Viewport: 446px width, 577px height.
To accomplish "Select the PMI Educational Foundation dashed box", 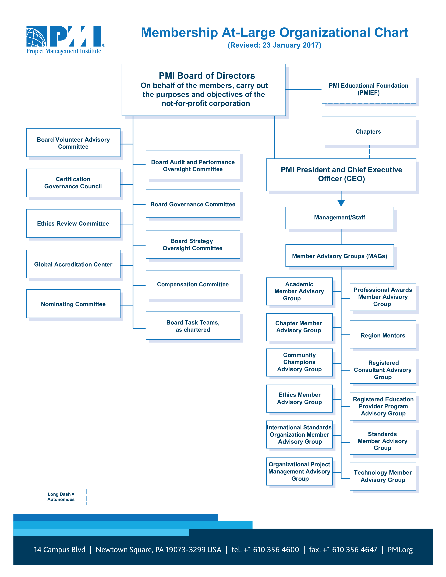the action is [x=369, y=89].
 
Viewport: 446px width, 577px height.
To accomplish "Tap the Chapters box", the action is [x=369, y=131].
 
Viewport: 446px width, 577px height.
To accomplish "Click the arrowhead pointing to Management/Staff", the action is [x=341, y=203].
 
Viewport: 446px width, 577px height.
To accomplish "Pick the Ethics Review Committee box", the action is [x=73, y=223].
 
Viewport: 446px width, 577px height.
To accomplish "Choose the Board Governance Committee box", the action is [x=193, y=203].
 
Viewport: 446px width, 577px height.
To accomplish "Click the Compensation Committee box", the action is [x=193, y=285].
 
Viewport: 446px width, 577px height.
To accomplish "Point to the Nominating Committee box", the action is [x=73, y=304].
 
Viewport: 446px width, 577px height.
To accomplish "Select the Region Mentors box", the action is [x=383, y=334].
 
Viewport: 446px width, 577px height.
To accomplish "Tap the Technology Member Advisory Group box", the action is [x=383, y=477].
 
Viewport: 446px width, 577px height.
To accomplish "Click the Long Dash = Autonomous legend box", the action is [x=61, y=497].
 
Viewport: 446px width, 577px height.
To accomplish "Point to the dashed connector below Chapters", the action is [x=370, y=152].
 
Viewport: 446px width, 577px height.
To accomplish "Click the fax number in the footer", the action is [x=343, y=550].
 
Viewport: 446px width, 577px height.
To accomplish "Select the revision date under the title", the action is [x=275, y=45].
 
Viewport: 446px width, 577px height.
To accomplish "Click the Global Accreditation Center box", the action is [x=73, y=264].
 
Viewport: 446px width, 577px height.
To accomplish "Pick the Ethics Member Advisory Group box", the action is [x=299, y=398].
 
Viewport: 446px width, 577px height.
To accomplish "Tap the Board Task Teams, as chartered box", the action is [x=193, y=326].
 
